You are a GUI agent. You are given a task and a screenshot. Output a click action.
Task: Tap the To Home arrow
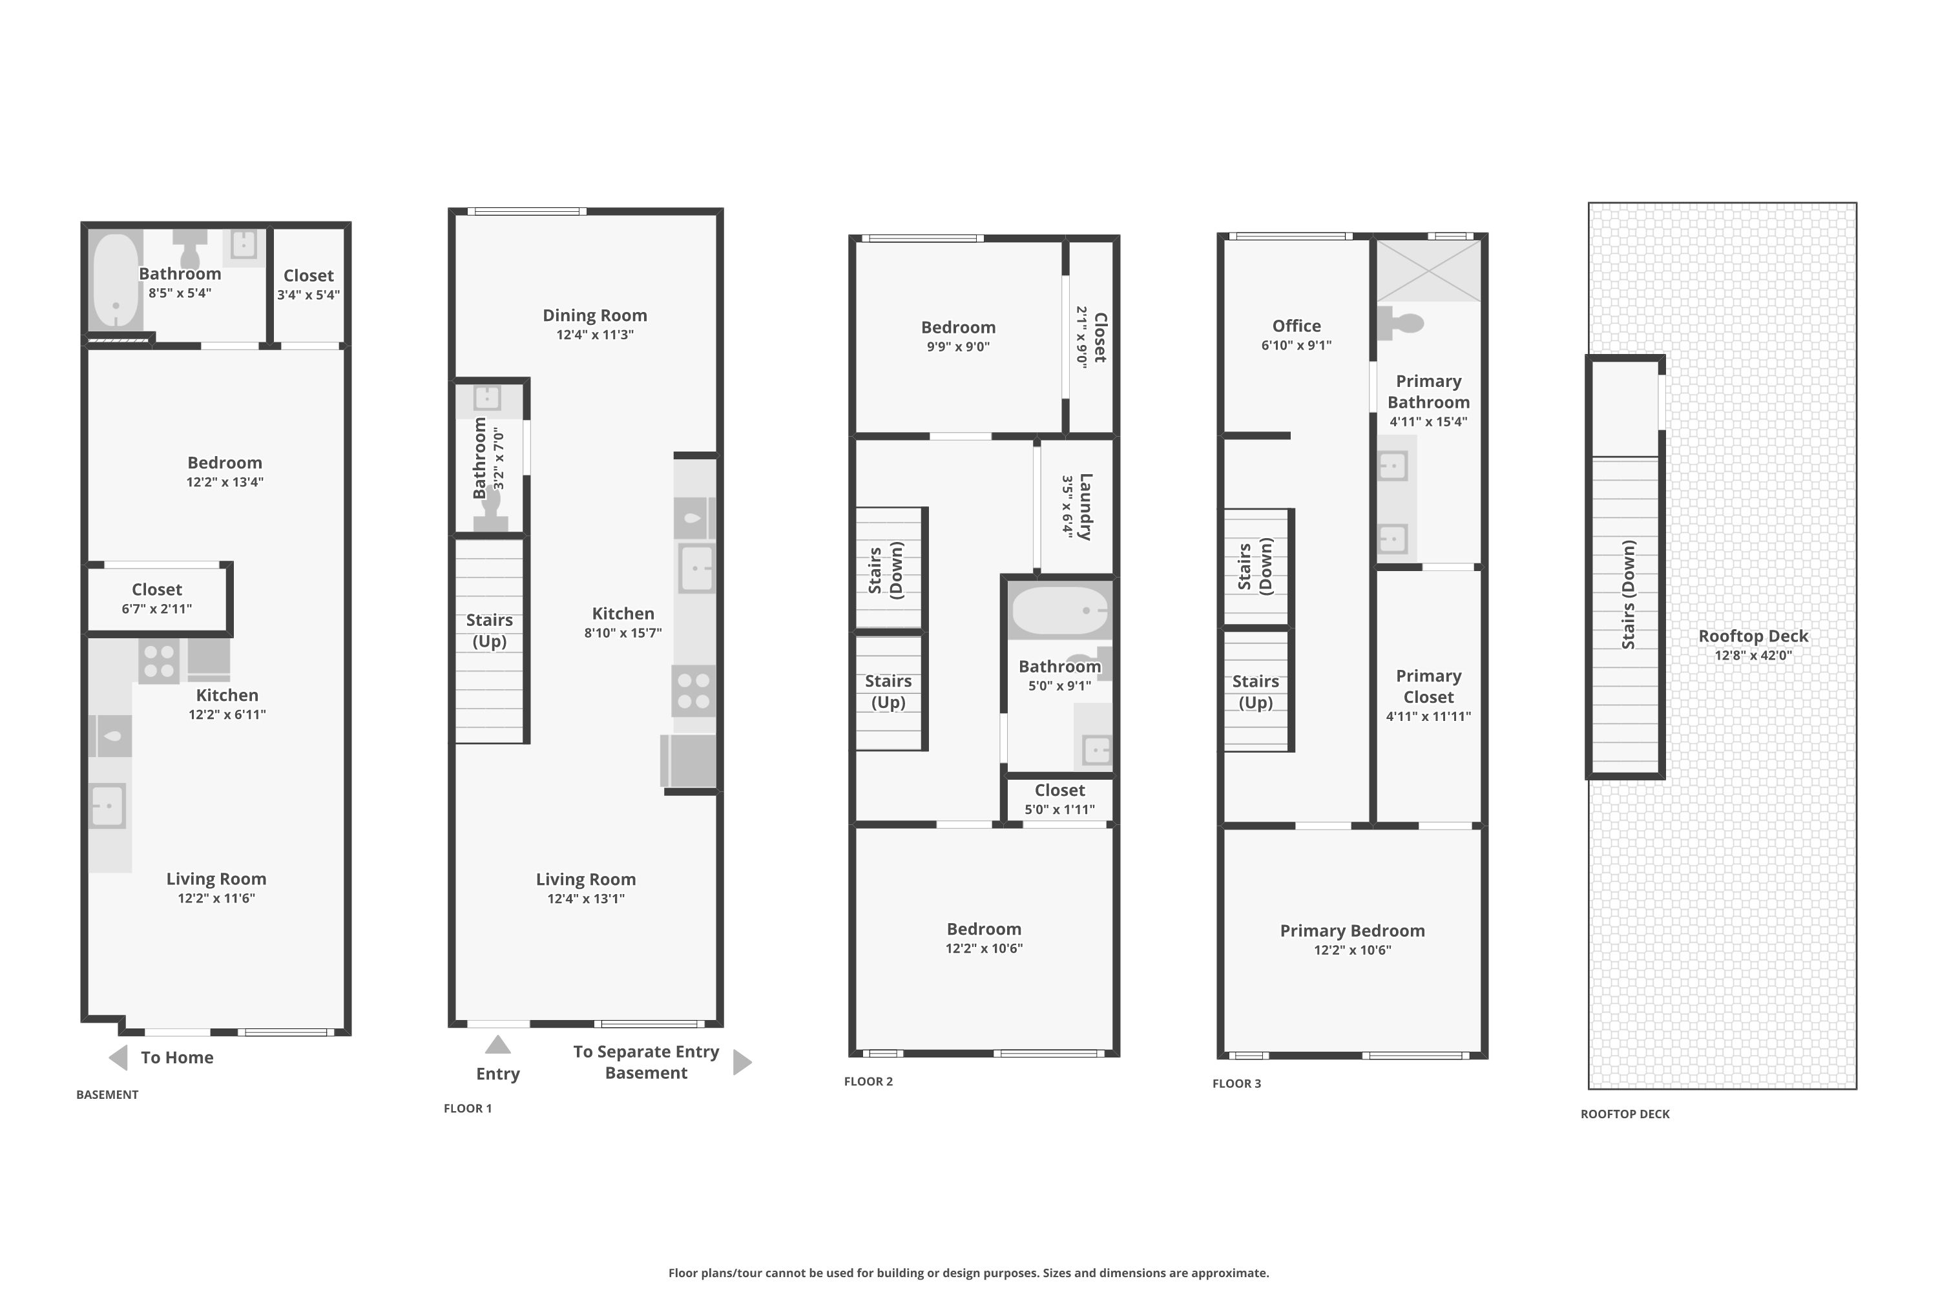[119, 1057]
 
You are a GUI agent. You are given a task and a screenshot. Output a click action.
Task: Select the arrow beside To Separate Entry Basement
[742, 1062]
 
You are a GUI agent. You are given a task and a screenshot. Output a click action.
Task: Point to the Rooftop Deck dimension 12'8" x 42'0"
[1753, 656]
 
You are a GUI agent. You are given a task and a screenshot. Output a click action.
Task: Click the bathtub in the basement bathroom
[116, 280]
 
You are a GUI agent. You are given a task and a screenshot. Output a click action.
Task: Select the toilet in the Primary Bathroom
[1402, 322]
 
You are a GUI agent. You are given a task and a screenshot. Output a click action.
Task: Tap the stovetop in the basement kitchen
[158, 661]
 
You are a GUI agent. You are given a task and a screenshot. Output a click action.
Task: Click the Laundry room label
[1085, 506]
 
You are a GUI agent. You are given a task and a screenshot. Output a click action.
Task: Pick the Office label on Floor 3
[1296, 326]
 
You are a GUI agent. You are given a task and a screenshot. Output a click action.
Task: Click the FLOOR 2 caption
[868, 1081]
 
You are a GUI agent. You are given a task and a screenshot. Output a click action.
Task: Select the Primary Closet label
[1428, 686]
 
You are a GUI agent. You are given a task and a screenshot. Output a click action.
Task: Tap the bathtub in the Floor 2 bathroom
[1059, 610]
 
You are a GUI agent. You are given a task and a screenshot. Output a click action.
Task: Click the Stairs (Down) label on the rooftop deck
[1628, 594]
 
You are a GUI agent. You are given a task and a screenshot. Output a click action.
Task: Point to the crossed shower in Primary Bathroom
[1428, 270]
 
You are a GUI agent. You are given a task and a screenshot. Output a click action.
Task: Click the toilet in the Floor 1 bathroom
[491, 506]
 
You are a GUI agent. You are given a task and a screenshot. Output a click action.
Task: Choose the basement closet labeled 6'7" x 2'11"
[156, 598]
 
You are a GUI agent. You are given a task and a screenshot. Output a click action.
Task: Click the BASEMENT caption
[107, 1094]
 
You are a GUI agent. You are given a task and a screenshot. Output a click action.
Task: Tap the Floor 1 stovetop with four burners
[693, 691]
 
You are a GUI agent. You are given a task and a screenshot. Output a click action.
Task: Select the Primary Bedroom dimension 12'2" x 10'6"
[1351, 950]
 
